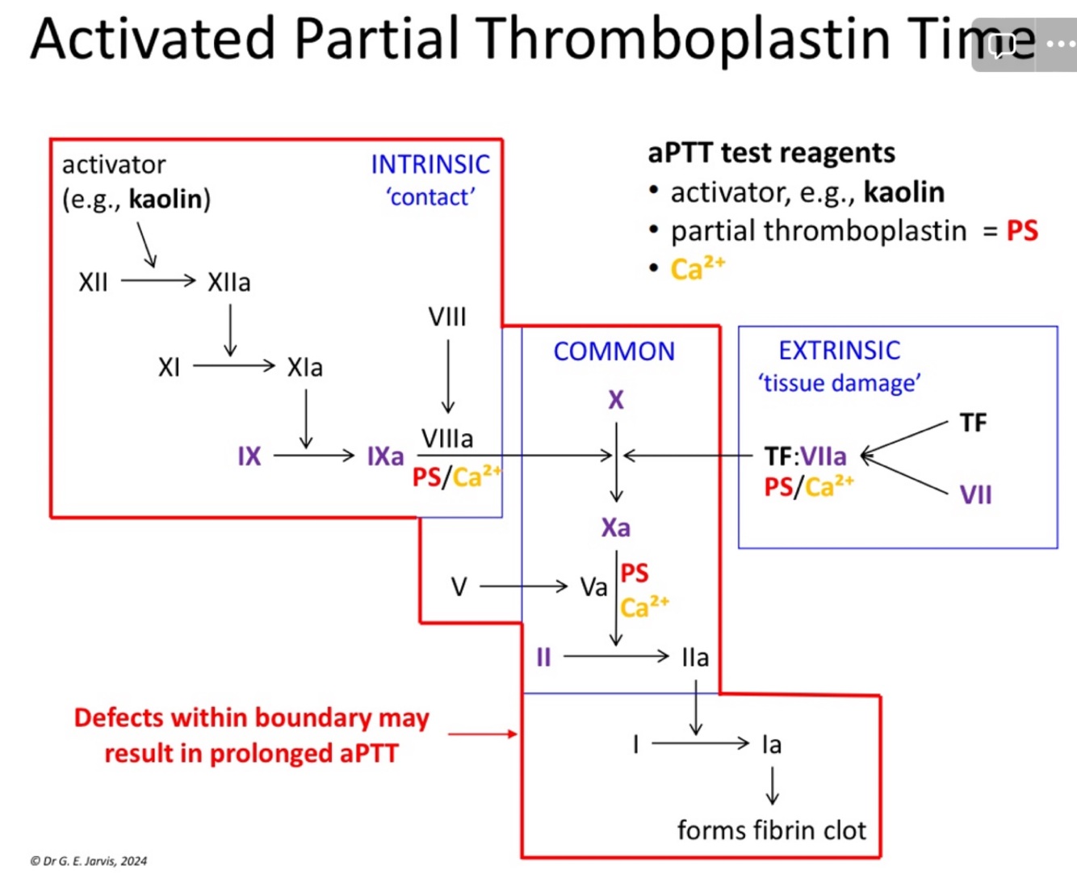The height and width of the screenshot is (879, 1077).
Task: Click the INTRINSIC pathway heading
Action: [x=430, y=165]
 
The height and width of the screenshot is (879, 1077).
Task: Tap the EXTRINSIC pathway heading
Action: [x=839, y=351]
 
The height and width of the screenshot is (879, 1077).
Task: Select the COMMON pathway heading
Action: [x=614, y=351]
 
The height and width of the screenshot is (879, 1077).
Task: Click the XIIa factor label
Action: [x=229, y=283]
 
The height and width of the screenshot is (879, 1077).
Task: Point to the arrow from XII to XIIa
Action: [x=158, y=281]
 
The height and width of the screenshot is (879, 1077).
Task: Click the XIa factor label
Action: [x=304, y=368]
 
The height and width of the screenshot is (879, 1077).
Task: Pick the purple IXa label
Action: [x=385, y=456]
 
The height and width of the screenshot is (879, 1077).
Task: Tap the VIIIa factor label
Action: [x=447, y=439]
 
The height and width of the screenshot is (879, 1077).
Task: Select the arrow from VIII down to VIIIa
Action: [x=448, y=376]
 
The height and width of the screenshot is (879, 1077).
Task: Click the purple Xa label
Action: [x=616, y=528]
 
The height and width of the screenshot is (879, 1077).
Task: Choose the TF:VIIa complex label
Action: [x=805, y=456]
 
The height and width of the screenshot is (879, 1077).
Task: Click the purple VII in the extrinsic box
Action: [x=975, y=494]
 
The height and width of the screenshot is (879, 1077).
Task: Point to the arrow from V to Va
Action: [x=524, y=587]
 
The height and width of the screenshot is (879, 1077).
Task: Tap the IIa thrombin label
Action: [x=695, y=658]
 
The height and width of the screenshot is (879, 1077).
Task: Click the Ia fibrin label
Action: [x=772, y=744]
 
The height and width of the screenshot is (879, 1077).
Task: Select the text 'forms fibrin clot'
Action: [x=771, y=831]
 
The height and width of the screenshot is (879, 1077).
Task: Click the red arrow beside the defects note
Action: [x=482, y=734]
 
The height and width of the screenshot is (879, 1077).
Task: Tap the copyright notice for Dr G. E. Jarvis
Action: [x=89, y=861]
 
